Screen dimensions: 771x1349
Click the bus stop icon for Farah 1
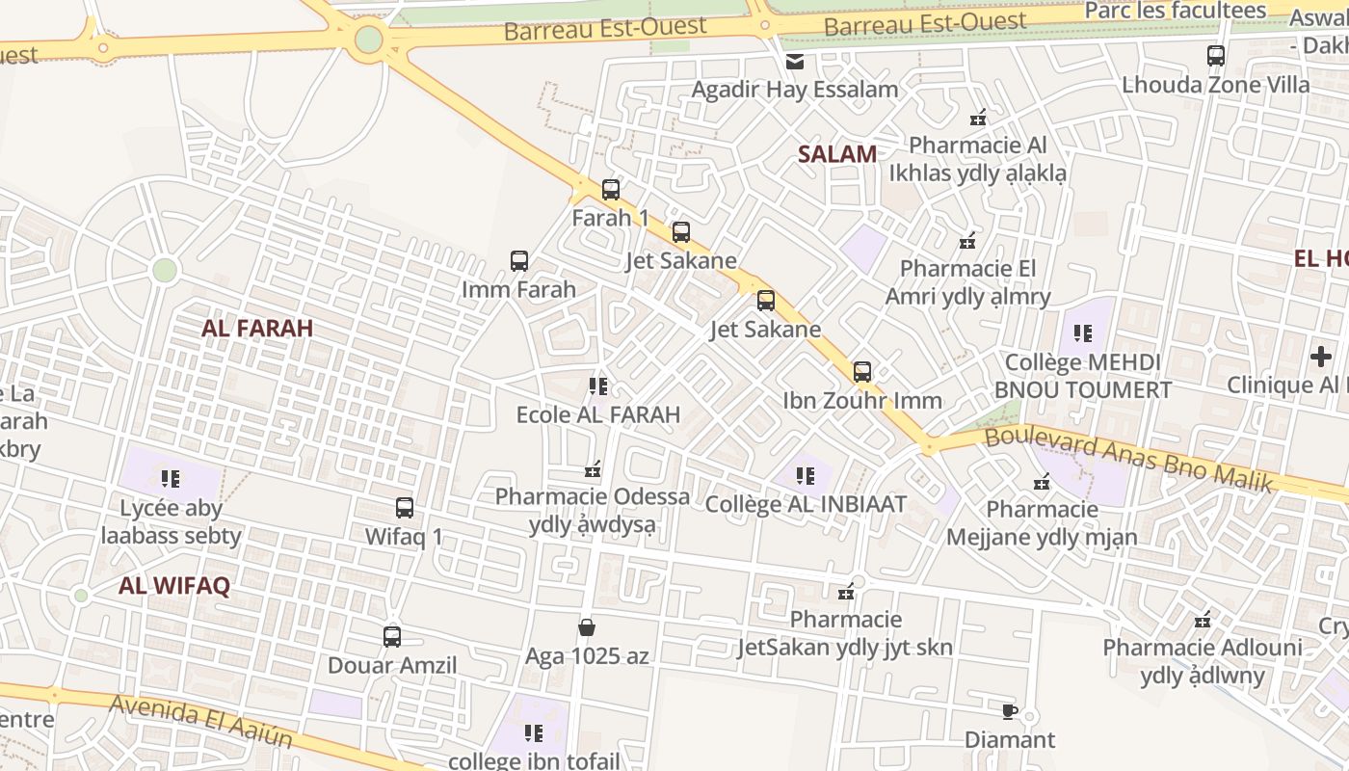(x=610, y=190)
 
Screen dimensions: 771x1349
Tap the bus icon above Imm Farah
(x=519, y=261)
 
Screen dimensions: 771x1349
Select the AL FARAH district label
(x=257, y=328)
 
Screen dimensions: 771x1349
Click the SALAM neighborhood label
(x=837, y=153)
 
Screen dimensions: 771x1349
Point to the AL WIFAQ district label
(x=174, y=585)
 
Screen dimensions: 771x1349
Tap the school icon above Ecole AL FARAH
(x=598, y=386)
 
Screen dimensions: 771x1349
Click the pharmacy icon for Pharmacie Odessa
(x=593, y=469)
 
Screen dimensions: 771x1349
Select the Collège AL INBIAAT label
(x=806, y=504)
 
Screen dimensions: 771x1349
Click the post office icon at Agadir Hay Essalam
(x=795, y=62)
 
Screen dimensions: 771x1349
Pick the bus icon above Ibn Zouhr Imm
(x=862, y=372)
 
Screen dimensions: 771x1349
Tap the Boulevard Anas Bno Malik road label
(x=1128, y=460)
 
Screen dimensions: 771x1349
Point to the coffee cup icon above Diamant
(x=1009, y=712)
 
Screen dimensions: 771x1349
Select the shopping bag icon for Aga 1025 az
(x=586, y=628)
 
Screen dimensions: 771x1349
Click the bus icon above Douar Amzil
(x=392, y=637)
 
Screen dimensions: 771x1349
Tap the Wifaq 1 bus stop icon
(x=405, y=508)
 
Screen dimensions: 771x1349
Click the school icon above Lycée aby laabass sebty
(x=171, y=479)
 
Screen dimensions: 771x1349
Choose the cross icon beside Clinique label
(x=1320, y=358)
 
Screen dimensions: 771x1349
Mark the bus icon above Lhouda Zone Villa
(x=1216, y=56)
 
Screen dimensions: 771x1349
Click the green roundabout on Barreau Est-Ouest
(x=369, y=40)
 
